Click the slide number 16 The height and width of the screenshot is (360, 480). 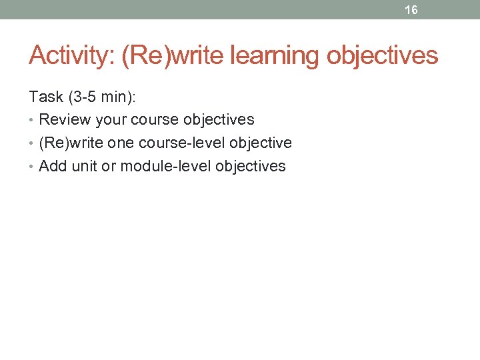(x=411, y=10)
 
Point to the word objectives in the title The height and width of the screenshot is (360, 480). (x=382, y=55)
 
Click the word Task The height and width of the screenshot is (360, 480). (x=46, y=97)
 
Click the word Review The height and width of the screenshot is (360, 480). (x=65, y=120)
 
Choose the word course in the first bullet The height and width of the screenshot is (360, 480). (x=157, y=120)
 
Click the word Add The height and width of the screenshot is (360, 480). (x=53, y=167)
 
